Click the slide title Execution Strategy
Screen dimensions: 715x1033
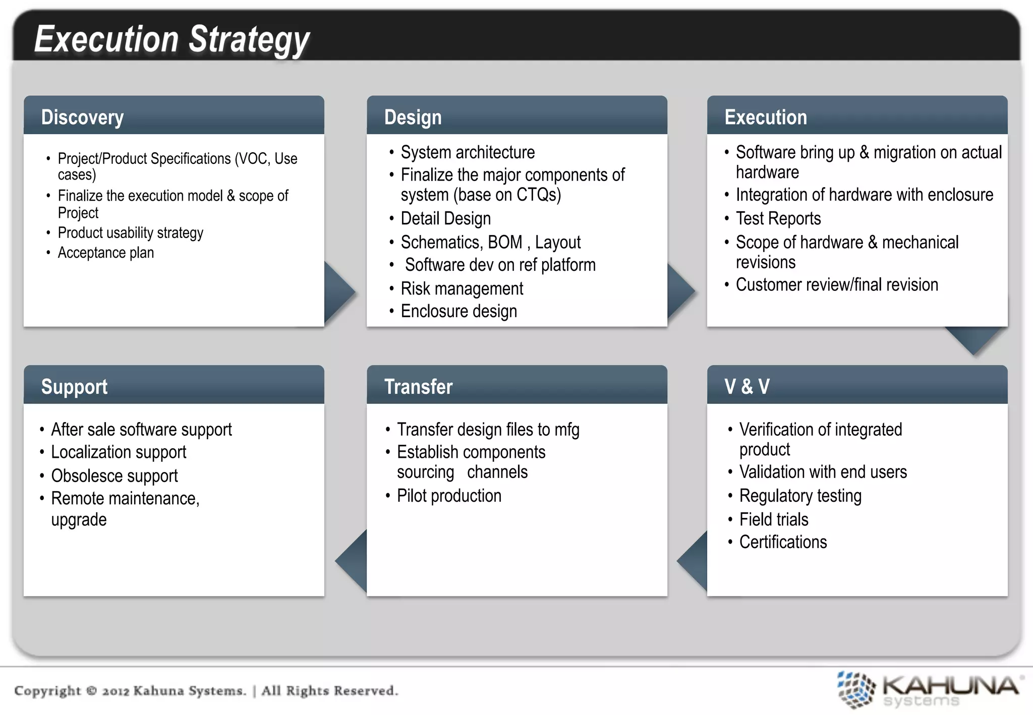(171, 39)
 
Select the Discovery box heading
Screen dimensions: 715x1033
(82, 117)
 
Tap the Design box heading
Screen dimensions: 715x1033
(413, 117)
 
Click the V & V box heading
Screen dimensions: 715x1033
(747, 387)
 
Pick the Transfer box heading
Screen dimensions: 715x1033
(418, 387)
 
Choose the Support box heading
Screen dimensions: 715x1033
(74, 387)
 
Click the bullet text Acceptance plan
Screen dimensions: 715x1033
(105, 253)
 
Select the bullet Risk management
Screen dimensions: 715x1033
(462, 289)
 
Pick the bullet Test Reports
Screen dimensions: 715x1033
(778, 219)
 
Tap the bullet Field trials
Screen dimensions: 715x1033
(773, 519)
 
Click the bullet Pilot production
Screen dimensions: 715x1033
(449, 496)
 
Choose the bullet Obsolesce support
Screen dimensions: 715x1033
(114, 475)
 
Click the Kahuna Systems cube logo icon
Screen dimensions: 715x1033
(855, 689)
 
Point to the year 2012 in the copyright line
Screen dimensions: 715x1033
(116, 691)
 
